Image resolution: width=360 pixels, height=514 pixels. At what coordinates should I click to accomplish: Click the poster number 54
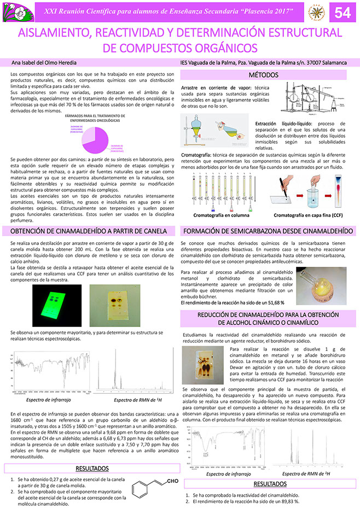(342, 12)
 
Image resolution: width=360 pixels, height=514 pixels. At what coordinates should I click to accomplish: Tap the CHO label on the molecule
(173, 481)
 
